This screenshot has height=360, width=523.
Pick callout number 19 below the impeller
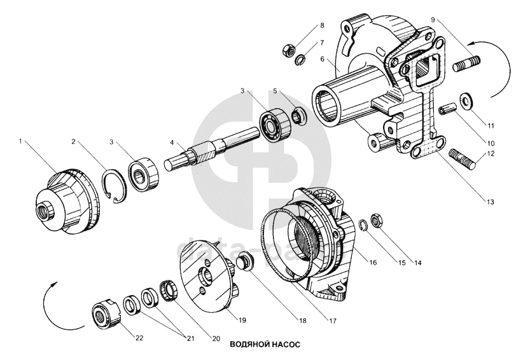[x=243, y=319]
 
